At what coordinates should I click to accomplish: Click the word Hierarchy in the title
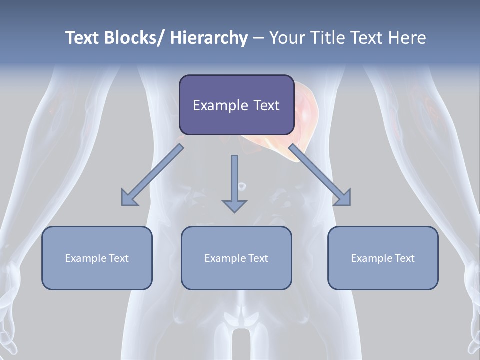click(208, 38)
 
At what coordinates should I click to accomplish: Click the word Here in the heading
click(407, 38)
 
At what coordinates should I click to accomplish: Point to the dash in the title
click(258, 38)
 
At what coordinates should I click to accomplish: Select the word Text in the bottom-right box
click(405, 258)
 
